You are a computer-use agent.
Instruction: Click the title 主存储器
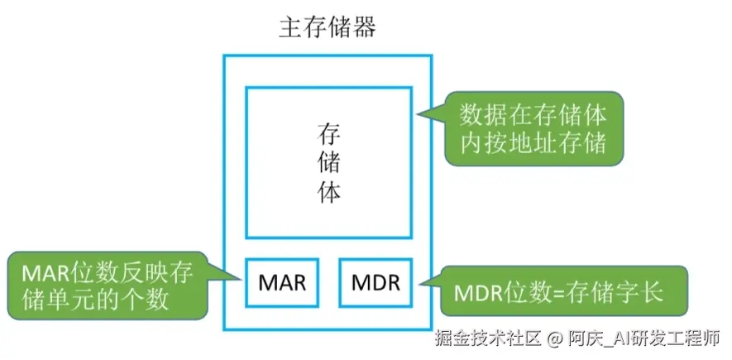point(328,28)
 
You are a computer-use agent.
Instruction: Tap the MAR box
point(282,283)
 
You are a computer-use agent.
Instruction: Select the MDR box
point(376,283)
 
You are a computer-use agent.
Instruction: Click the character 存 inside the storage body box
point(329,135)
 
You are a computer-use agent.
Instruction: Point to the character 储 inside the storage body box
point(329,163)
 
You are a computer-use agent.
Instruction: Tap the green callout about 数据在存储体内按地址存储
point(532,127)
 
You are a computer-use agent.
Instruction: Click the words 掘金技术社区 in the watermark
point(487,338)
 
